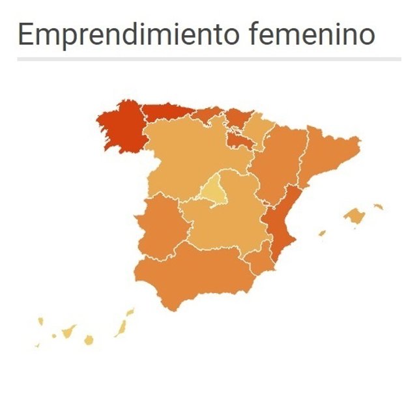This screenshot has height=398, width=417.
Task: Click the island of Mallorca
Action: tap(354, 216)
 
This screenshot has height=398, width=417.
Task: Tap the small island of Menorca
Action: tap(378, 207)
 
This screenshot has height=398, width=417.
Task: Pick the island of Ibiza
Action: tap(322, 233)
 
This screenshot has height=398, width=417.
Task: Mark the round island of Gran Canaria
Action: tap(89, 339)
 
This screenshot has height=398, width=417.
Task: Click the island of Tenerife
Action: tap(67, 332)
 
